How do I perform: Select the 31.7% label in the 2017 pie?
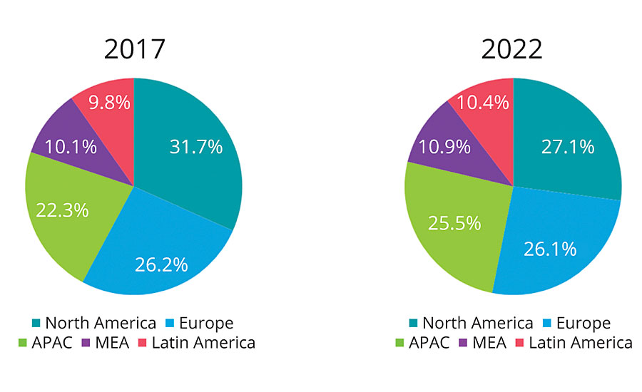195,147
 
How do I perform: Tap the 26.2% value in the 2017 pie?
161,264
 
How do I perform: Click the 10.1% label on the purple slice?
71,147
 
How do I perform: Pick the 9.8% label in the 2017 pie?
109,103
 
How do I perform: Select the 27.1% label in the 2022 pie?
568,147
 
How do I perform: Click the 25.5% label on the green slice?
454,222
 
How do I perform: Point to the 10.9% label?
444,147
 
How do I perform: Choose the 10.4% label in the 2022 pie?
483,103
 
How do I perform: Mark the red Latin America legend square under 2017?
143,343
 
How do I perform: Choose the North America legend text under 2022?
477,324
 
